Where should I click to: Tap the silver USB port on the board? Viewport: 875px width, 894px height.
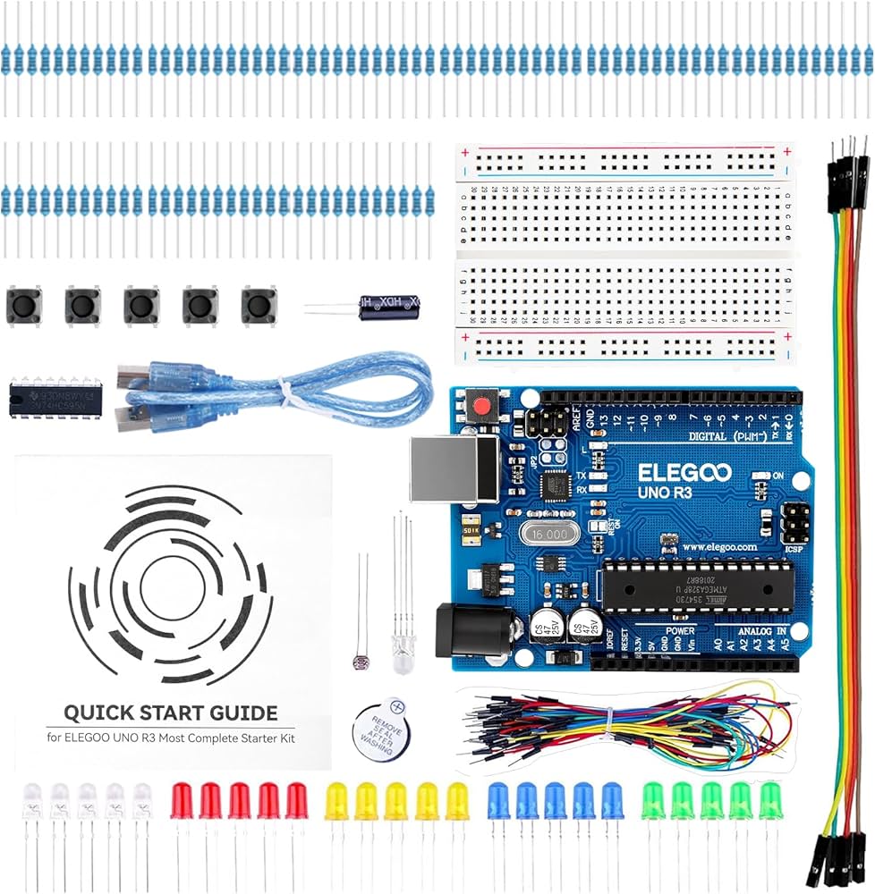click(454, 468)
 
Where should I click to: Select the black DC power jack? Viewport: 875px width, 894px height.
click(473, 631)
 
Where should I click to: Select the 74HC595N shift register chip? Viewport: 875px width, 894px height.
click(55, 397)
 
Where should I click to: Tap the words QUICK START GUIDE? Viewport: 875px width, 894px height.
click(170, 713)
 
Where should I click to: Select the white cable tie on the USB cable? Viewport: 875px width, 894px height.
click(285, 392)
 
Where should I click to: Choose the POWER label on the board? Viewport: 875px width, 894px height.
click(681, 630)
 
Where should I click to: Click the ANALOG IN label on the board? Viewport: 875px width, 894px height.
click(760, 630)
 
